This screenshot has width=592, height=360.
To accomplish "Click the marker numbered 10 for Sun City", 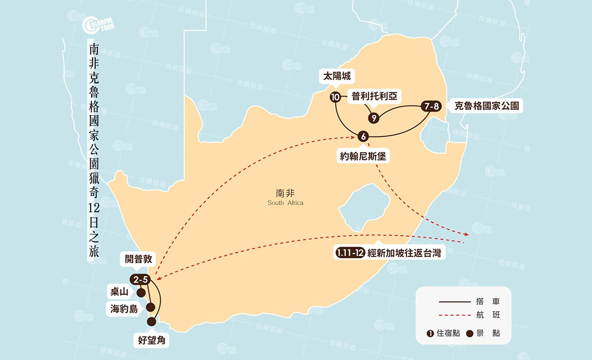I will tap(335, 97).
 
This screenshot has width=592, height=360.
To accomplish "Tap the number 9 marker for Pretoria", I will tap(374, 118).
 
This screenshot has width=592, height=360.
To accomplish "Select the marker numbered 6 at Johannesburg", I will tap(363, 136).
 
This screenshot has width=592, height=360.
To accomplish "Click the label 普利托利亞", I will tap(374, 96).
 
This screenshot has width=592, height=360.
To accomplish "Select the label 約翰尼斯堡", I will tap(363, 156).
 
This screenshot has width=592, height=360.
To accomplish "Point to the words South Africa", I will tap(286, 203).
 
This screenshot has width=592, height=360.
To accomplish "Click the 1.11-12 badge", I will tap(350, 253).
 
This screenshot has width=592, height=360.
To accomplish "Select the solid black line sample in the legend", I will tap(454, 301).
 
